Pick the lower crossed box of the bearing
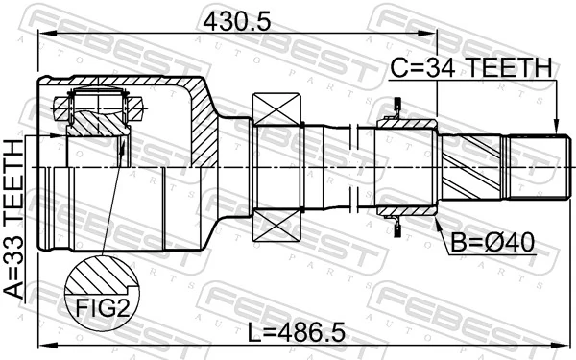[x=278, y=227]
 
